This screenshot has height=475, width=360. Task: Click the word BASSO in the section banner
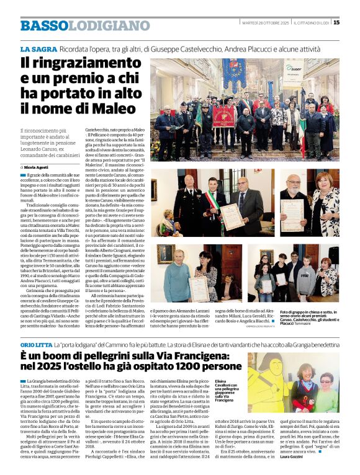coord(43,25)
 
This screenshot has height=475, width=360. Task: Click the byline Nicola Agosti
coord(38,167)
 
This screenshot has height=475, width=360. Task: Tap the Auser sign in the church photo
coord(293,68)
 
